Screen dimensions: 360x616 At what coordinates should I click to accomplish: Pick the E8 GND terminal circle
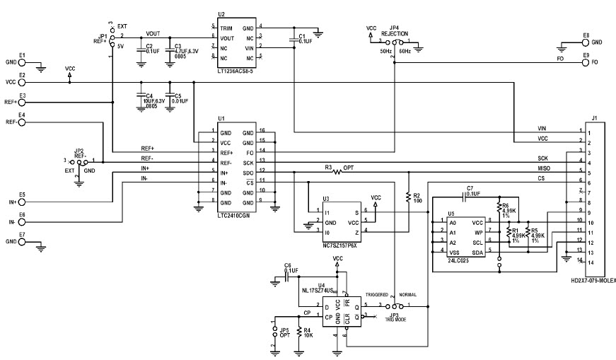(x=585, y=42)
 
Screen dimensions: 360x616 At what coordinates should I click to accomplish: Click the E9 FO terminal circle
(x=585, y=62)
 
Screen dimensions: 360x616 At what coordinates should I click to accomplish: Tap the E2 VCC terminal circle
(x=22, y=82)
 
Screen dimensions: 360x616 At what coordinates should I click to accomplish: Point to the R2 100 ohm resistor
(x=408, y=196)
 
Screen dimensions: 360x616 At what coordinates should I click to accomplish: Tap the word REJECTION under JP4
(x=394, y=33)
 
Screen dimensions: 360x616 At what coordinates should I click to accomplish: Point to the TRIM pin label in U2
(x=227, y=27)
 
